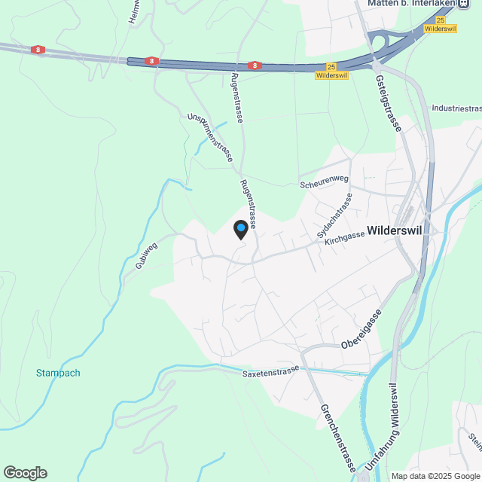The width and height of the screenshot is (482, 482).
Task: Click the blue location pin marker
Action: click(240, 229)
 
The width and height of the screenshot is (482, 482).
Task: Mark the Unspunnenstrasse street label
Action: click(210, 137)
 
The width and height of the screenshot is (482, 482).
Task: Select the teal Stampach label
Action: click(58, 373)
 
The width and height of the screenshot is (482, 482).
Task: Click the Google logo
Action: click(24, 472)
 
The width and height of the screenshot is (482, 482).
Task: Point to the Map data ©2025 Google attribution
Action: click(435, 476)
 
